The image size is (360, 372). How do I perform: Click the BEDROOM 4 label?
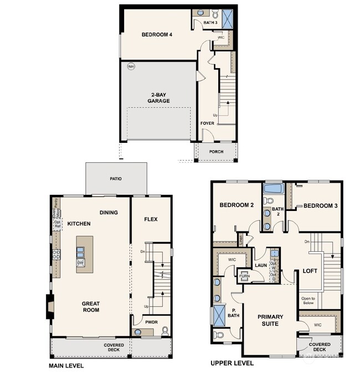click(157, 34)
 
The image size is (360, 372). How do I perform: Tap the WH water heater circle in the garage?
click(131, 66)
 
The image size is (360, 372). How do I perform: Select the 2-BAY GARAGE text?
click(158, 97)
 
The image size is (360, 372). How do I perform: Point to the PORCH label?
click(216, 152)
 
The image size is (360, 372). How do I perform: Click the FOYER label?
click(207, 123)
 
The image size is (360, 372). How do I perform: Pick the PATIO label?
click(116, 179)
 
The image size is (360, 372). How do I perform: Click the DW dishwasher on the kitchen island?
click(81, 262)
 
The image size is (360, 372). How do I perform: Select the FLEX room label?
click(151, 219)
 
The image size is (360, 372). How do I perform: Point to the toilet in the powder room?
click(164, 331)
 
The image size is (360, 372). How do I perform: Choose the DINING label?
click(109, 213)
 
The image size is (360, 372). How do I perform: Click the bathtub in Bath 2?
click(274, 190)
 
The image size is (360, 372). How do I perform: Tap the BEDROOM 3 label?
click(320, 205)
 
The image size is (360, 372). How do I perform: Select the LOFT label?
click(309, 272)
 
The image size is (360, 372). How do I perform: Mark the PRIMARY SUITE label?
click(270, 320)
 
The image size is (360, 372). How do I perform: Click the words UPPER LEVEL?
click(232, 363)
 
